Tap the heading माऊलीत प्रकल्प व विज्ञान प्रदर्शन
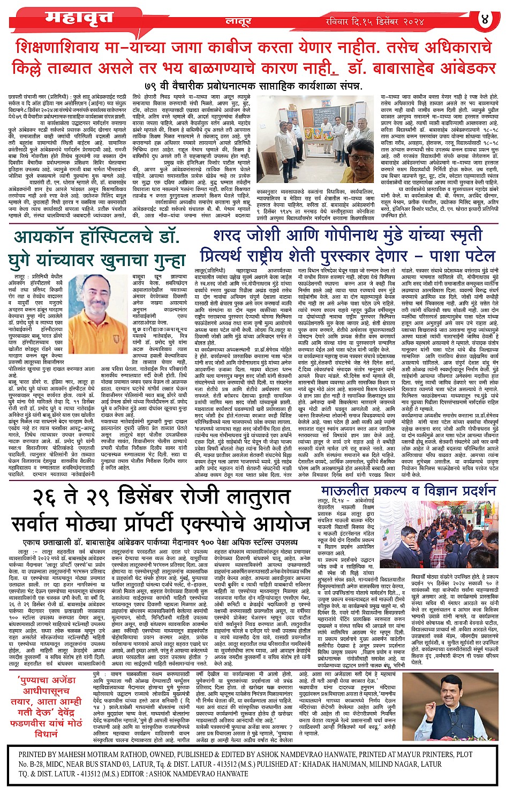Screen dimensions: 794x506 pyautogui.click(x=409, y=491)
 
